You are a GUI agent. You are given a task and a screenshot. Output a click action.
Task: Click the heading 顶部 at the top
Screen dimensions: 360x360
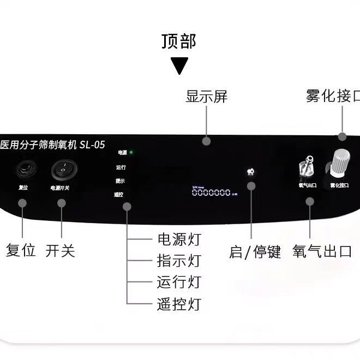click(x=178, y=41)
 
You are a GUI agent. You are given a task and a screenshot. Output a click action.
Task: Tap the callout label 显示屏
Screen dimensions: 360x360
click(x=206, y=97)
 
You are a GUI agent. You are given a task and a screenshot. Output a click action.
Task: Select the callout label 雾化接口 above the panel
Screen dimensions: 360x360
click(x=333, y=96)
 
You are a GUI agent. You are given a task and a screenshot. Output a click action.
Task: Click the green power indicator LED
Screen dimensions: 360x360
click(x=131, y=153)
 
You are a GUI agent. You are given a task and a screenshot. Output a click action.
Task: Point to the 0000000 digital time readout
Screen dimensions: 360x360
click(x=211, y=193)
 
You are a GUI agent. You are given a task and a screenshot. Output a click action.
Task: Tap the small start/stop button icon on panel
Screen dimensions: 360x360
click(x=250, y=172)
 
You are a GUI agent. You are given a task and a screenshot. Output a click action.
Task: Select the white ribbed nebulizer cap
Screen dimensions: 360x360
click(x=338, y=163)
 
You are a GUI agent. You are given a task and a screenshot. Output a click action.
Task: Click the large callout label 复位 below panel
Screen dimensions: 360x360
click(x=21, y=251)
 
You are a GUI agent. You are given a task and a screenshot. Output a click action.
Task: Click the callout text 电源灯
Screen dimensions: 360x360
click(x=179, y=239)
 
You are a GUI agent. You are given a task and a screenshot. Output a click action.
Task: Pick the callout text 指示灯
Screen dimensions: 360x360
click(x=179, y=261)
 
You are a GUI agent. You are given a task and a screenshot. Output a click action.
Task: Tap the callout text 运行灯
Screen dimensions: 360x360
click(x=179, y=282)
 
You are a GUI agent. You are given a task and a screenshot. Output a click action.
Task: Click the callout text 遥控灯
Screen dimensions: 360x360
click(x=179, y=304)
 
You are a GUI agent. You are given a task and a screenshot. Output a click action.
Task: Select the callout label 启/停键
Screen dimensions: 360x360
click(x=255, y=252)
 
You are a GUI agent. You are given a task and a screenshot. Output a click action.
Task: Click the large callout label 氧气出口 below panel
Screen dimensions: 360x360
click(x=322, y=251)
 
